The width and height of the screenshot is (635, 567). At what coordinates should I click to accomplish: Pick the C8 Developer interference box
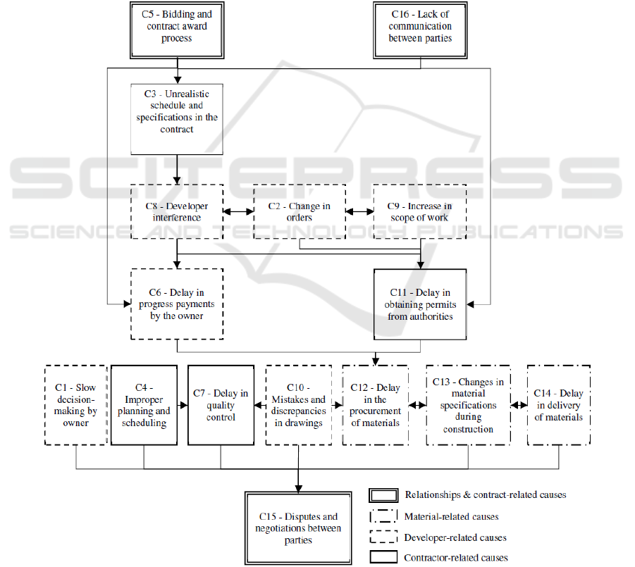[x=177, y=212]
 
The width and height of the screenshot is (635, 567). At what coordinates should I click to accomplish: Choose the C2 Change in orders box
[x=300, y=212]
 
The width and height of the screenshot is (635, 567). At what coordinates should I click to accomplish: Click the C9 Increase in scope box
[x=420, y=212]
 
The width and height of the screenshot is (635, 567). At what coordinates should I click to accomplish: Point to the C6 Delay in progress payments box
[x=177, y=304]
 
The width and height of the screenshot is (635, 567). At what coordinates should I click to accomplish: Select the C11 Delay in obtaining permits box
[x=420, y=304]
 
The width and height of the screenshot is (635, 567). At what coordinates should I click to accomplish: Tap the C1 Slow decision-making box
[x=75, y=405]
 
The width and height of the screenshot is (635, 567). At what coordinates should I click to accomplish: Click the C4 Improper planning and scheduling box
[x=144, y=405]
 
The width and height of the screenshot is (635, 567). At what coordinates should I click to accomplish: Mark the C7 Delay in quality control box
[x=221, y=405]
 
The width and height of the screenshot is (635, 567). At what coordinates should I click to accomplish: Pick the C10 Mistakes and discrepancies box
[x=298, y=405]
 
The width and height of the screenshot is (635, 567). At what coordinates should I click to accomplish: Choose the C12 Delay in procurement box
[x=375, y=405]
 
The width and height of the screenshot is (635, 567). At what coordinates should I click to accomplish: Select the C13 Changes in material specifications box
[x=469, y=405]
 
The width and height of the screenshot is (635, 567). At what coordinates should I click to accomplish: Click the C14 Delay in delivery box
[x=559, y=405]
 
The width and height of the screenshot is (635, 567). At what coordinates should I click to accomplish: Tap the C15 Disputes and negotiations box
[x=298, y=528]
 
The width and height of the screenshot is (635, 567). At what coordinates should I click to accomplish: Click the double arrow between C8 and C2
[x=238, y=211]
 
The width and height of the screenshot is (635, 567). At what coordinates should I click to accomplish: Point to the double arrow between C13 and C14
[x=519, y=405]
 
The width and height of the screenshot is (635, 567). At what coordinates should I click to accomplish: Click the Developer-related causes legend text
[x=455, y=537]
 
